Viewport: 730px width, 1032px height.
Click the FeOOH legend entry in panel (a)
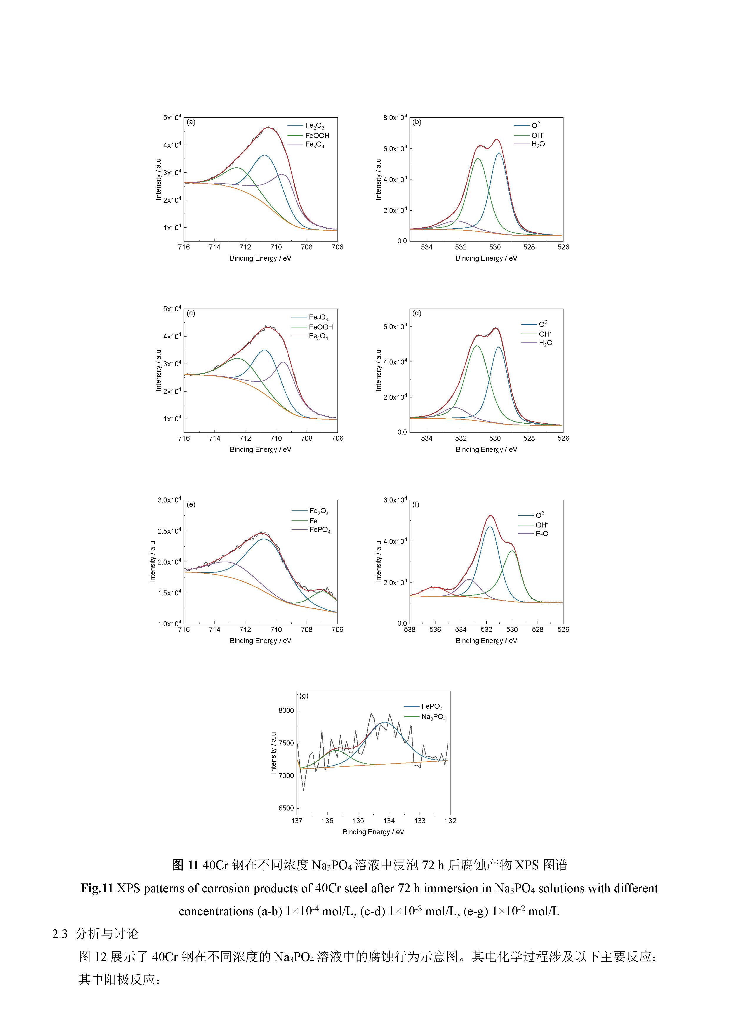coord(317,135)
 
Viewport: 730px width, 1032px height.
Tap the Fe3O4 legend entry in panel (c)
coord(318,337)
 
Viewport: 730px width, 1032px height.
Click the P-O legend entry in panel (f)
coord(542,534)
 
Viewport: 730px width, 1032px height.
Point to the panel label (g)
coord(304,696)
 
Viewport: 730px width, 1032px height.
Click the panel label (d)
coord(417,313)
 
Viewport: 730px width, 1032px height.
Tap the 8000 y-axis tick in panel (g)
coord(286,711)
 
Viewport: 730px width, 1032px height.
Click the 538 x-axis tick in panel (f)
coord(410,630)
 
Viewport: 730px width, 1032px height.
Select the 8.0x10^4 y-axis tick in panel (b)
coord(395,118)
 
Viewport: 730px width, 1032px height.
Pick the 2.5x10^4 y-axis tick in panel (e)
coord(169,531)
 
